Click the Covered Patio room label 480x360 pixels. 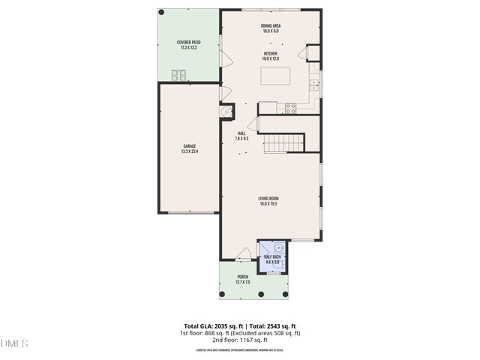click(x=187, y=45)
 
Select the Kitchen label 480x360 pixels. click(x=271, y=56)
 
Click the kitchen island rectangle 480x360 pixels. click(x=277, y=76)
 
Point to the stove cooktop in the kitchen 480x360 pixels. click(x=290, y=107)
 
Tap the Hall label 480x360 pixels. click(x=241, y=136)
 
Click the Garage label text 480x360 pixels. click(x=189, y=148)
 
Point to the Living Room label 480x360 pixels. click(x=268, y=201)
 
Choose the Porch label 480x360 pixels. click(x=242, y=279)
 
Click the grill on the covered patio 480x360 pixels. click(x=179, y=74)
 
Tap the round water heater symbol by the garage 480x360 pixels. click(x=226, y=111)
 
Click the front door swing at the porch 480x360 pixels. click(x=243, y=255)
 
